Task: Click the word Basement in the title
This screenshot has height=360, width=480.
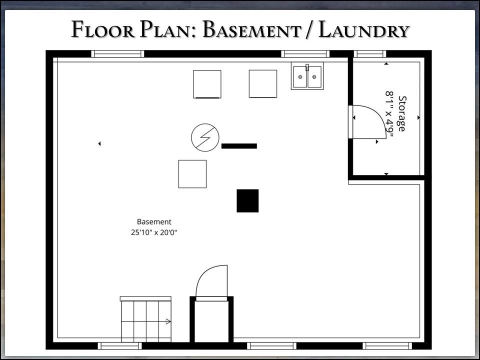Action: [x=251, y=29]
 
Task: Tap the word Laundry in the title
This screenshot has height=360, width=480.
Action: [x=364, y=29]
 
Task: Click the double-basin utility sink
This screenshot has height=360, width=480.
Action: [x=307, y=76]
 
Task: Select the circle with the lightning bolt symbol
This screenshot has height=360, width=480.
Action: [x=205, y=137]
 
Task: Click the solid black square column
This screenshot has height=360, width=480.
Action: [x=247, y=201]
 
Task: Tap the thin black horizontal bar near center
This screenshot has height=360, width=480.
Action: [x=239, y=146]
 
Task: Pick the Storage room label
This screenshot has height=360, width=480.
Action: [x=402, y=113]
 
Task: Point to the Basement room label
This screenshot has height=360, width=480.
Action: [x=154, y=221]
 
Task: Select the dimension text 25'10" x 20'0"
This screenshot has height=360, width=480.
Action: [x=154, y=232]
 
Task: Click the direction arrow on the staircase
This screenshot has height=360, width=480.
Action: [x=168, y=321]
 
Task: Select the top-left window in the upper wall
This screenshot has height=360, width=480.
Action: [x=117, y=54]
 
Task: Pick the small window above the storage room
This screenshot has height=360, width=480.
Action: [x=370, y=54]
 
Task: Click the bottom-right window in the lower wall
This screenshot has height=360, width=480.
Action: [x=387, y=346]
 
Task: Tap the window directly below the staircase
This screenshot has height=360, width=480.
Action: [x=119, y=346]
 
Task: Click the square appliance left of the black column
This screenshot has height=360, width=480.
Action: [x=192, y=174]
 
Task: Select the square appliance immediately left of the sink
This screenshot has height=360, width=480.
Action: [x=263, y=84]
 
